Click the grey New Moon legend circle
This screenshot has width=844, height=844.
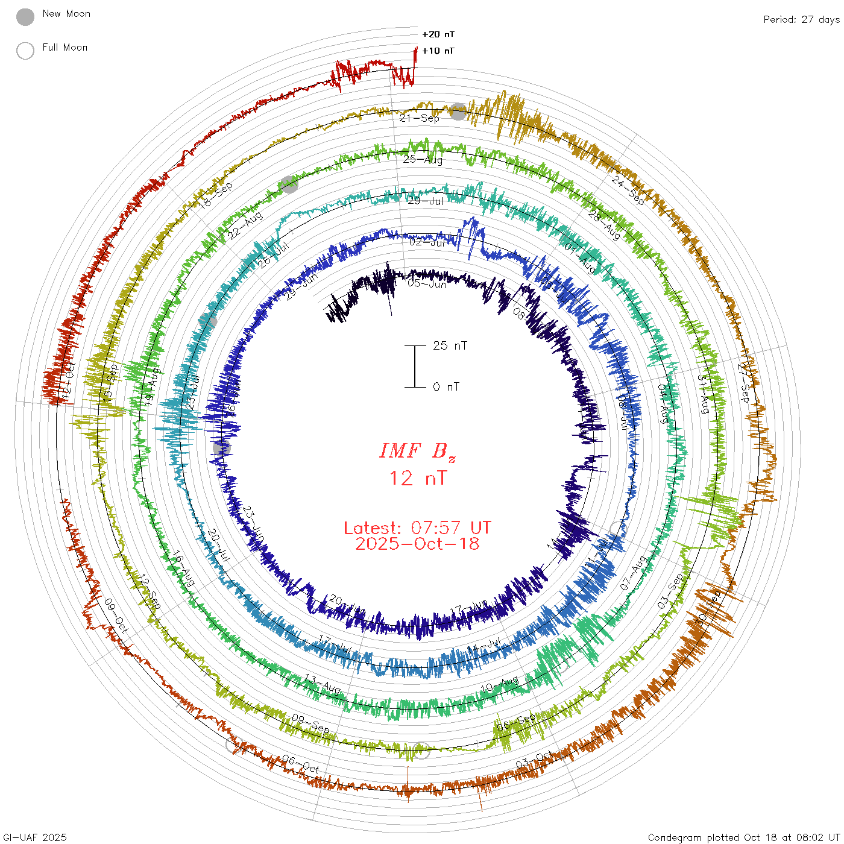point(25,17)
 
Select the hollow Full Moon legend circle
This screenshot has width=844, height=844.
point(25,51)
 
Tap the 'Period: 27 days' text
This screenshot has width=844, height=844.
point(801,19)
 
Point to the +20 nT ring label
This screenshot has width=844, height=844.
point(438,34)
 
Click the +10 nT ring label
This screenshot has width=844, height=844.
point(438,51)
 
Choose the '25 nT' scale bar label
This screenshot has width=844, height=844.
point(450,345)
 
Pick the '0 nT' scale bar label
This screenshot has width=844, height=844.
point(446,386)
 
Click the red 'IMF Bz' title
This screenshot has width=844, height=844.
point(417,451)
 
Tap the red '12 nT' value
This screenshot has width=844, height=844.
point(417,478)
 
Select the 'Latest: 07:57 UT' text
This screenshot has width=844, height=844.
point(417,528)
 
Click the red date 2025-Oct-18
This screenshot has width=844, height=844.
point(417,544)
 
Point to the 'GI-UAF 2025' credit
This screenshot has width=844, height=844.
point(34,837)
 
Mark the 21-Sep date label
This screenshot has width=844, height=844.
point(419,118)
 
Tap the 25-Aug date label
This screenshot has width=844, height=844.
point(423,159)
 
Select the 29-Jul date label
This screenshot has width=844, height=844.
point(426,201)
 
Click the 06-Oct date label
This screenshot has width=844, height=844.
point(300,765)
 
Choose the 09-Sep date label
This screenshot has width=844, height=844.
point(310,723)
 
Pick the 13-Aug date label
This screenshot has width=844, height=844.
point(322,684)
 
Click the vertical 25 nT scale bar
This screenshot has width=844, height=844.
point(415,366)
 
